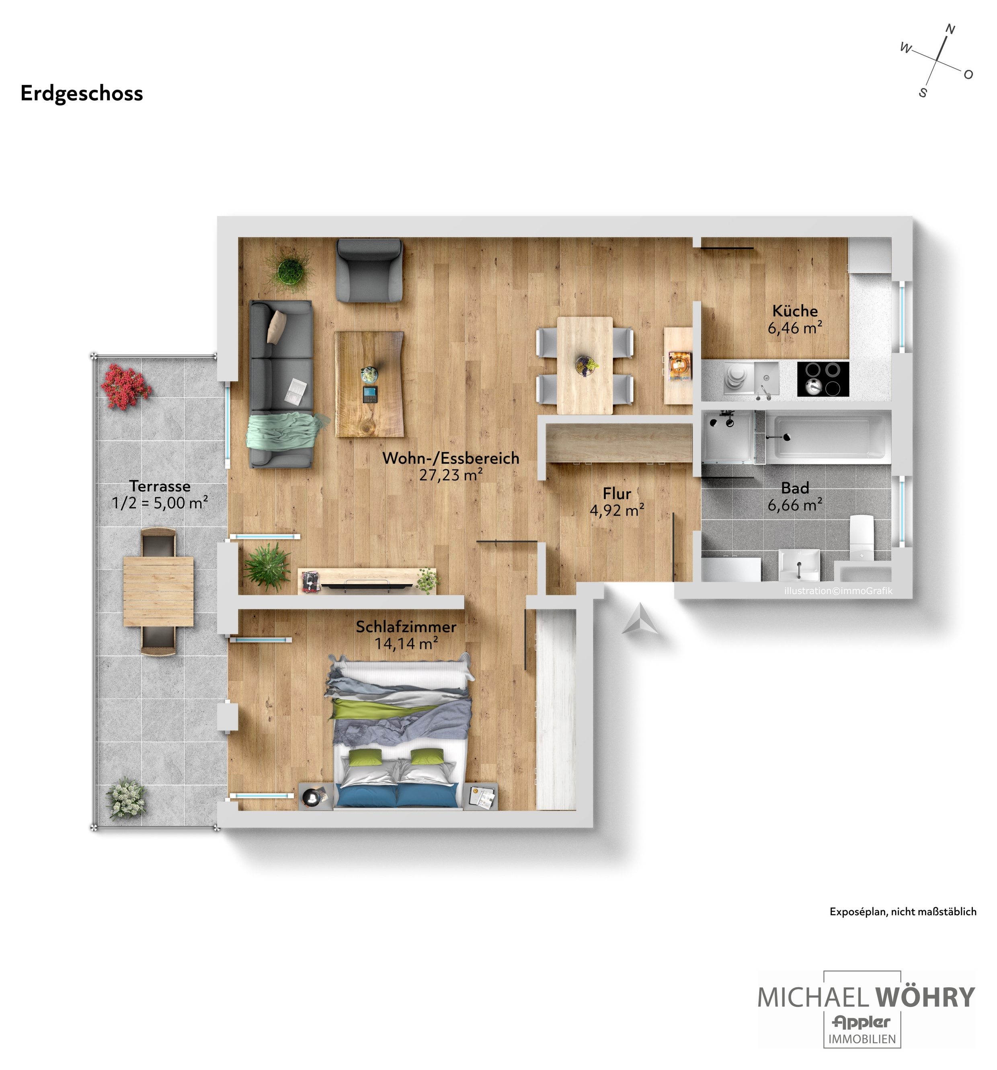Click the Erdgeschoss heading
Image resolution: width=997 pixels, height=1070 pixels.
pyautogui.click(x=82, y=94)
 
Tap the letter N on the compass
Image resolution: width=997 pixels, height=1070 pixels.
pyautogui.click(x=950, y=30)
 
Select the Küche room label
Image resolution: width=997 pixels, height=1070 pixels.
pyautogui.click(x=795, y=310)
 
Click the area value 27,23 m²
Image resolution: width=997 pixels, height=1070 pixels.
pyautogui.click(x=450, y=475)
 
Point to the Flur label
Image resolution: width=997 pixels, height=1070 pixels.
pyautogui.click(x=617, y=493)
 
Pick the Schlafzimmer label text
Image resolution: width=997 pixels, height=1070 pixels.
pyautogui.click(x=406, y=626)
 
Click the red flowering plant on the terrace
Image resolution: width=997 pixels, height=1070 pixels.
pyautogui.click(x=125, y=386)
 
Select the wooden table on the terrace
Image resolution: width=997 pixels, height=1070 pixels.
pyautogui.click(x=158, y=591)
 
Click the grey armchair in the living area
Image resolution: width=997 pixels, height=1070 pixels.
pyautogui.click(x=369, y=270)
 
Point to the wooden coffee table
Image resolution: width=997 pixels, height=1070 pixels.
pyautogui.click(x=369, y=384)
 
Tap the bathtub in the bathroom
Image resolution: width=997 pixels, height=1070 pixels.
pyautogui.click(x=828, y=437)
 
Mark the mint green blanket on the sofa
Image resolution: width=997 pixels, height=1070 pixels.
pyautogui.click(x=286, y=429)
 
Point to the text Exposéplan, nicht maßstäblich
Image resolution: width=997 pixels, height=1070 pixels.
pyautogui.click(x=903, y=912)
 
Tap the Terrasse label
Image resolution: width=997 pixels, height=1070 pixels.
pyautogui.click(x=160, y=486)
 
